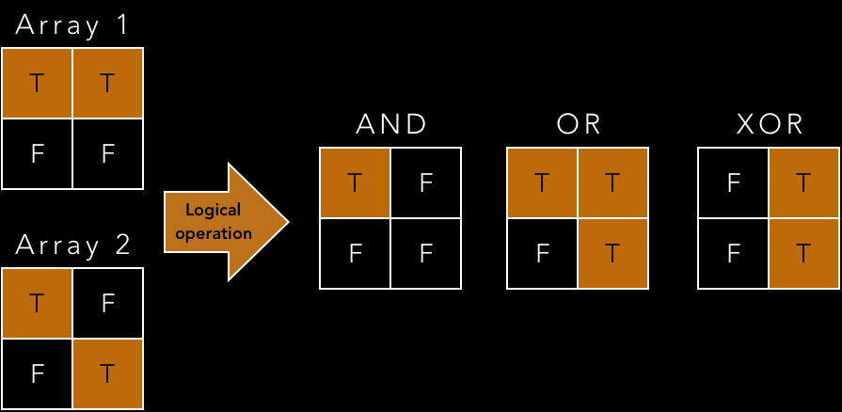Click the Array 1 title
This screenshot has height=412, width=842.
click(x=72, y=24)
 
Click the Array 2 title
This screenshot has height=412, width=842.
click(x=72, y=246)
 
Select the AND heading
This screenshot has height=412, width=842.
click(x=390, y=125)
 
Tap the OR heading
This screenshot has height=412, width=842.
click(x=578, y=125)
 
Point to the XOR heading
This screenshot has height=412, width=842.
click(x=769, y=125)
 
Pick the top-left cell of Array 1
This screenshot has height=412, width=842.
click(x=38, y=83)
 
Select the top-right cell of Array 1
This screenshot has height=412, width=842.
click(x=107, y=83)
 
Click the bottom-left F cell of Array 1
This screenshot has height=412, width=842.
click(x=38, y=152)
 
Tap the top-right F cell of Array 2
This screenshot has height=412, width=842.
click(x=107, y=304)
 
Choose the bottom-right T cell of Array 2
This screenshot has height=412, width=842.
click(x=107, y=373)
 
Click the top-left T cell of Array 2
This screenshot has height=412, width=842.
click(x=38, y=304)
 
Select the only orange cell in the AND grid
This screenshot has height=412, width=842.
click(x=356, y=183)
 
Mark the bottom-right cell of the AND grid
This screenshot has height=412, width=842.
click(x=425, y=253)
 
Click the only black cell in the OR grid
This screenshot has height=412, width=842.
click(x=542, y=253)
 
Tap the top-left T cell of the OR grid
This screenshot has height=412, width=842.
click(x=542, y=183)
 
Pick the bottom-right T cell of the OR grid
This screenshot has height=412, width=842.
click(x=612, y=253)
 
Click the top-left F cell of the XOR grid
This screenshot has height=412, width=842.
click(x=733, y=183)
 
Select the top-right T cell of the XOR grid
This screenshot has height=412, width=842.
click(x=803, y=183)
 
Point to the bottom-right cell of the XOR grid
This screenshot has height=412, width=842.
click(x=803, y=253)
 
